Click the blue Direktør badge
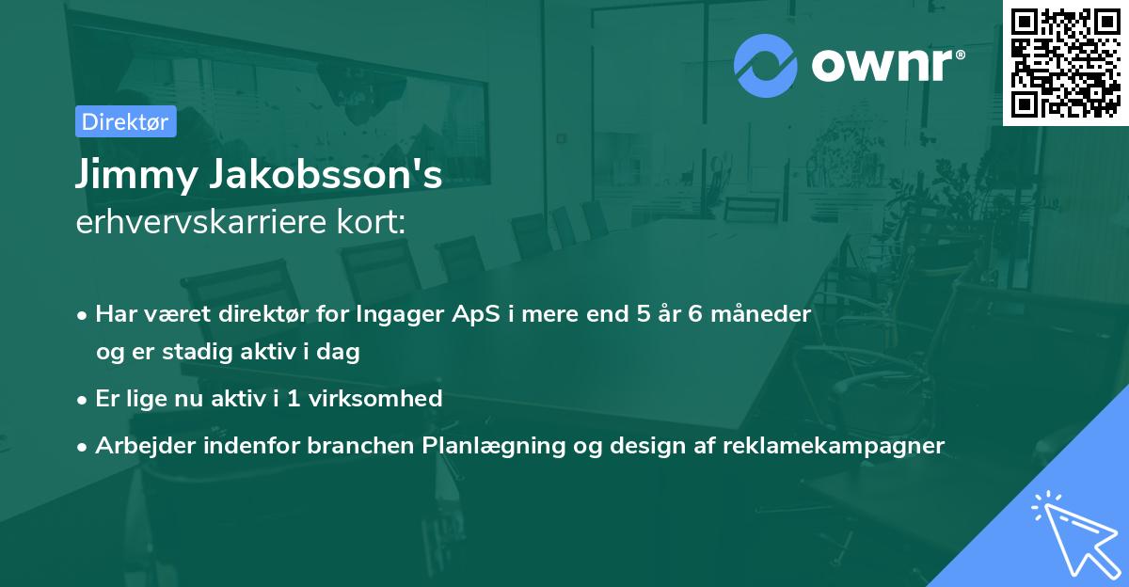(126, 121)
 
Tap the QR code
(1066, 62)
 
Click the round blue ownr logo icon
(765, 66)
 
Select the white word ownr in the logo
(883, 65)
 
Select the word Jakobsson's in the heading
(326, 173)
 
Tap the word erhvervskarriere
(201, 222)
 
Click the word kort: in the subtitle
(372, 222)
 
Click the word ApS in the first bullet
(476, 315)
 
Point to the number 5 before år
(644, 314)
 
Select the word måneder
(761, 314)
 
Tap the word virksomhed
(375, 399)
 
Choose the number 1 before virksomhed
(294, 399)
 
